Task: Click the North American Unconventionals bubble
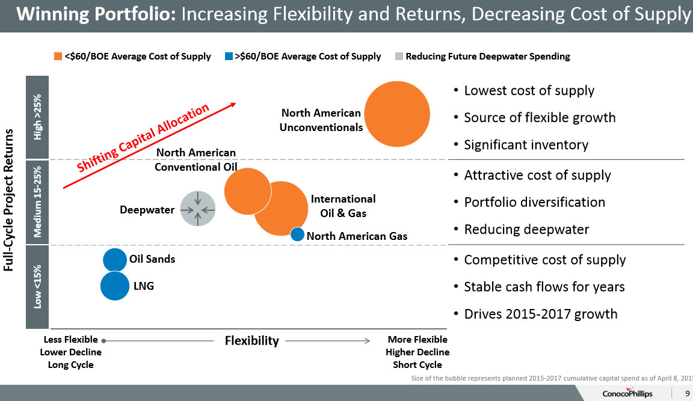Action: [x=397, y=114]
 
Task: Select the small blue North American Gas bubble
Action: [x=297, y=234]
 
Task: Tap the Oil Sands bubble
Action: [x=115, y=260]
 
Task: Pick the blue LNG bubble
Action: [x=115, y=286]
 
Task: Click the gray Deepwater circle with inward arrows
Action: [x=198, y=209]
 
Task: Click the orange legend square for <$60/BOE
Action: [x=58, y=57]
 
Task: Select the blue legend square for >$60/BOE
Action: [x=229, y=57]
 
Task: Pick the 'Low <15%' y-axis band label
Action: [x=37, y=287]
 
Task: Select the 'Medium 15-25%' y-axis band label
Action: [x=37, y=201]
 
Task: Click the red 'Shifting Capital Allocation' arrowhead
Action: [x=232, y=105]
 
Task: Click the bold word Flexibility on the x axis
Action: [x=251, y=341]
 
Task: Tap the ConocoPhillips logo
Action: [x=627, y=393]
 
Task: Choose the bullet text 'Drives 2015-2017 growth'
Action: [x=540, y=314]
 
